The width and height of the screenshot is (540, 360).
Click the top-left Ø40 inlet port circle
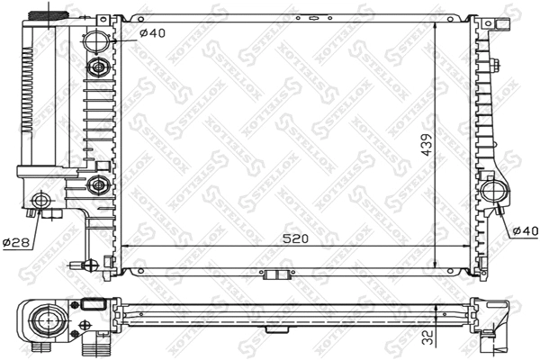click(x=97, y=40)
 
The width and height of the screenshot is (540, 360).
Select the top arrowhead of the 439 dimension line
click(x=437, y=22)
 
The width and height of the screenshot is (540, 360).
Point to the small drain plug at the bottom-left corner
click(x=90, y=265)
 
